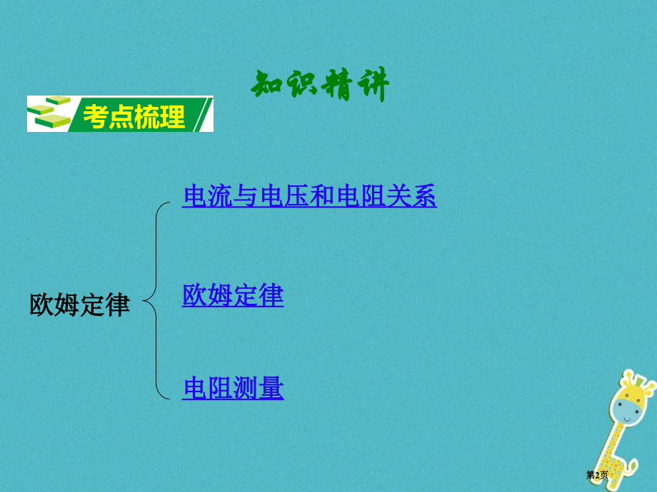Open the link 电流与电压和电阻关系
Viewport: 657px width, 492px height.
pyautogui.click(x=309, y=195)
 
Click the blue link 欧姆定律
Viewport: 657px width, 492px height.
pyautogui.click(x=233, y=295)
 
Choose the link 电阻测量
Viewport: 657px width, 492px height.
pyautogui.click(x=233, y=389)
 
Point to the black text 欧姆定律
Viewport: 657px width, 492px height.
pyautogui.click(x=79, y=304)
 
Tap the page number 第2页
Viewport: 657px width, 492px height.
pyautogui.click(x=597, y=475)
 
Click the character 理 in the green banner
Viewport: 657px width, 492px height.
pyautogui.click(x=172, y=116)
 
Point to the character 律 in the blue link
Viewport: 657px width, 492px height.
pyautogui.click(x=271, y=295)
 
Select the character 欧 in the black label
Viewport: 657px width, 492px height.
pyautogui.click(x=41, y=304)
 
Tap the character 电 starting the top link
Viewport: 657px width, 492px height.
pyautogui.click(x=195, y=195)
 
